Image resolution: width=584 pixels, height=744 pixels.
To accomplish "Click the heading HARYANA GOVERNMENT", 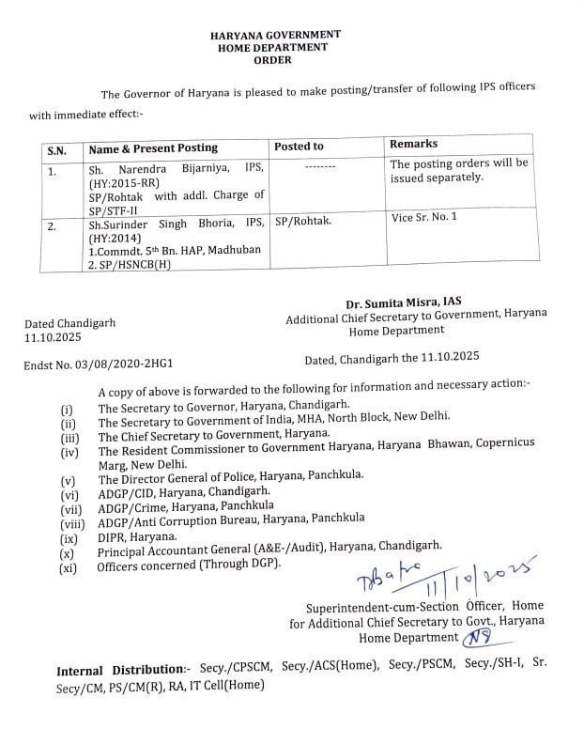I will [x=274, y=35].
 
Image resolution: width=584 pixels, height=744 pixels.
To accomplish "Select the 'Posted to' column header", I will [x=299, y=147].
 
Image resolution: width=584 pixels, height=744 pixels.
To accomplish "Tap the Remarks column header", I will [x=413, y=144].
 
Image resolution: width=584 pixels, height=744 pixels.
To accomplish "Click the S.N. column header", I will [x=57, y=150].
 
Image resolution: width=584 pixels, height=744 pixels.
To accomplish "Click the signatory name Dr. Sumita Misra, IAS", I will [x=404, y=301].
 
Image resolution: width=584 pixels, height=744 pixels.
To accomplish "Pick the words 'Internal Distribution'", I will [x=119, y=670].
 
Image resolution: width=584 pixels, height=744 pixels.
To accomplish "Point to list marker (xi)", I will [x=68, y=567].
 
